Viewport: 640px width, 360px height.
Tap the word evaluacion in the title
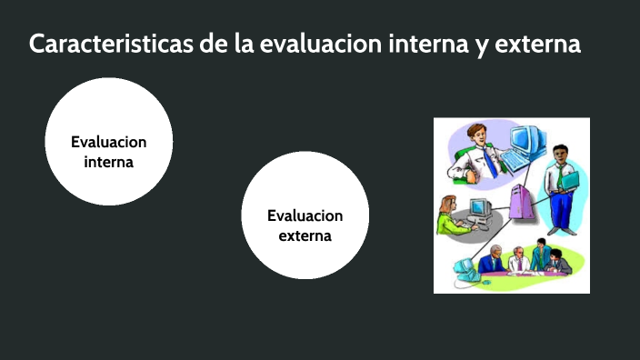317,45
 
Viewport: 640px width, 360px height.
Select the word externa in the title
539,45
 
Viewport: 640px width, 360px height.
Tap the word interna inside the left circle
109,162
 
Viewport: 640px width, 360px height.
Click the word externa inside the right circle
305,236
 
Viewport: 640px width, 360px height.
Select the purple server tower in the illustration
520,201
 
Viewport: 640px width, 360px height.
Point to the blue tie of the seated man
490,163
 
